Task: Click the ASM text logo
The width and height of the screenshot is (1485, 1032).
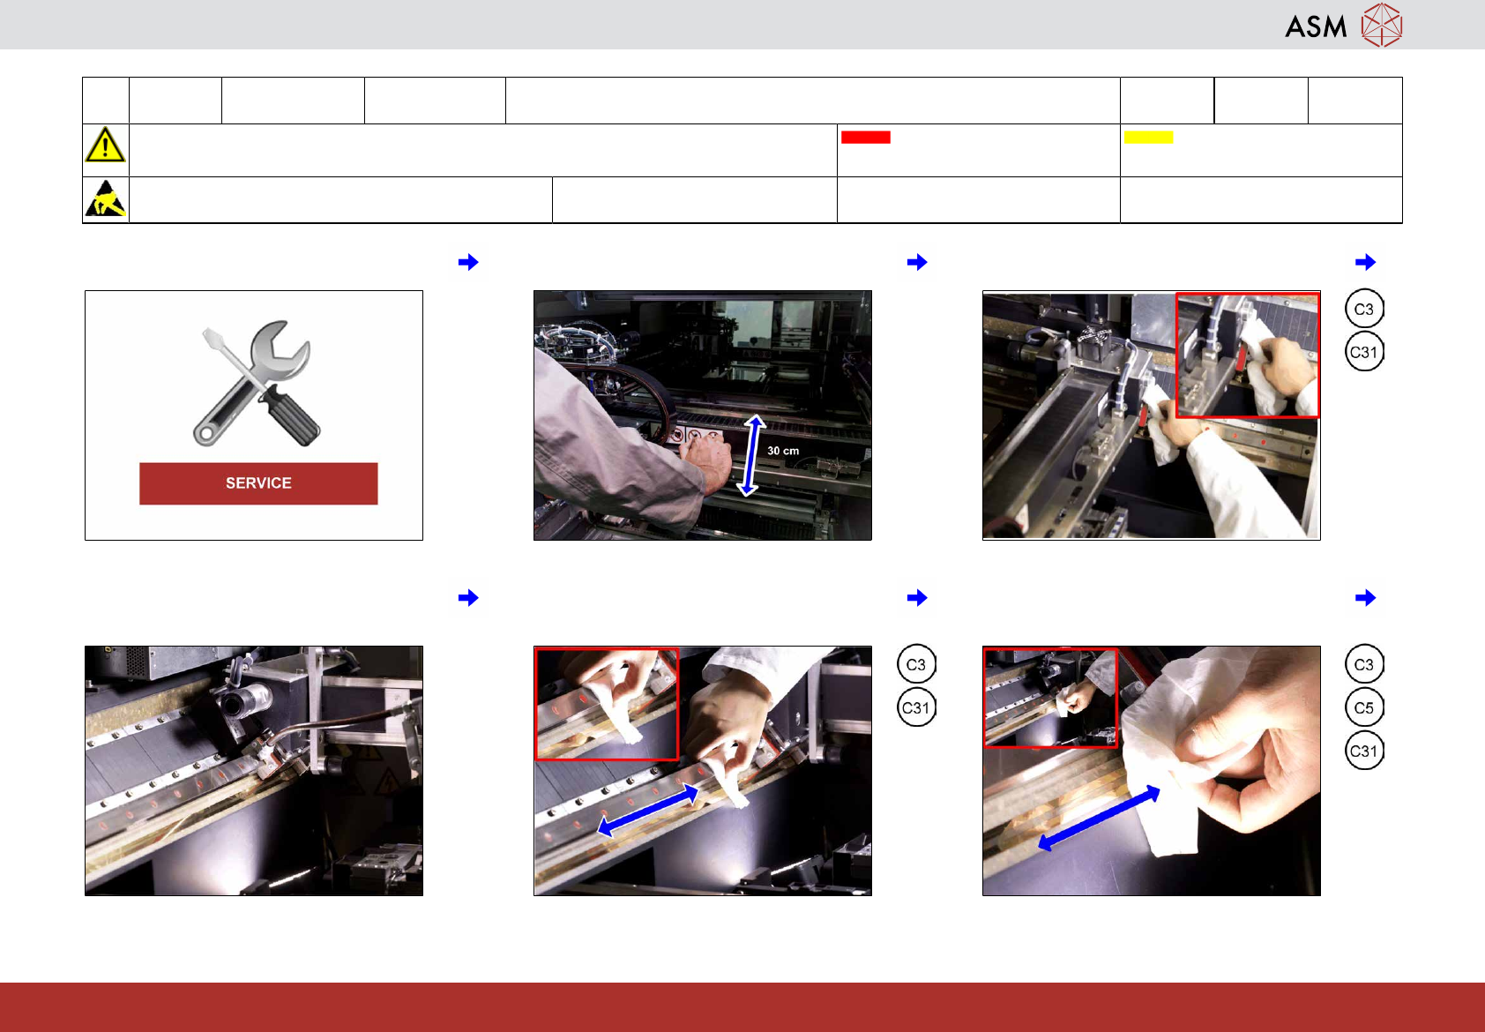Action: click(x=1316, y=27)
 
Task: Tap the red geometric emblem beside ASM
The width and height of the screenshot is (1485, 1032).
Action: click(x=1382, y=26)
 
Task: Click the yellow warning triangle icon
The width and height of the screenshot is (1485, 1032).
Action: click(x=105, y=145)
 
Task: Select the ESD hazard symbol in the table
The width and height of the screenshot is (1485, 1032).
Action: click(x=105, y=198)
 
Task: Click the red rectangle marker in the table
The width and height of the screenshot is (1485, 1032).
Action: click(x=866, y=138)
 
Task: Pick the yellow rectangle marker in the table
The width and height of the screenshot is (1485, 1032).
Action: click(x=1149, y=138)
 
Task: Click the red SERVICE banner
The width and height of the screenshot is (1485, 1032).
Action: click(x=258, y=483)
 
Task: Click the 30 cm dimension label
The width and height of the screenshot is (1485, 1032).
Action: click(x=783, y=451)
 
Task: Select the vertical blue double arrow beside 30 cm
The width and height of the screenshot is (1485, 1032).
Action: click(x=750, y=456)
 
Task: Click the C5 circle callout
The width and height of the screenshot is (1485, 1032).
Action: click(x=1364, y=707)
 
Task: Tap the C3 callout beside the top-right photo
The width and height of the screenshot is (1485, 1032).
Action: click(x=1364, y=309)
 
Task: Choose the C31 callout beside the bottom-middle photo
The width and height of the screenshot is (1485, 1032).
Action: click(x=916, y=707)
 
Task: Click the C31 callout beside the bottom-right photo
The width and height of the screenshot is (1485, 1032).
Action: click(x=1364, y=751)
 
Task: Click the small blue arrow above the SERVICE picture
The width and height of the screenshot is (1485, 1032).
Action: click(x=469, y=262)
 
